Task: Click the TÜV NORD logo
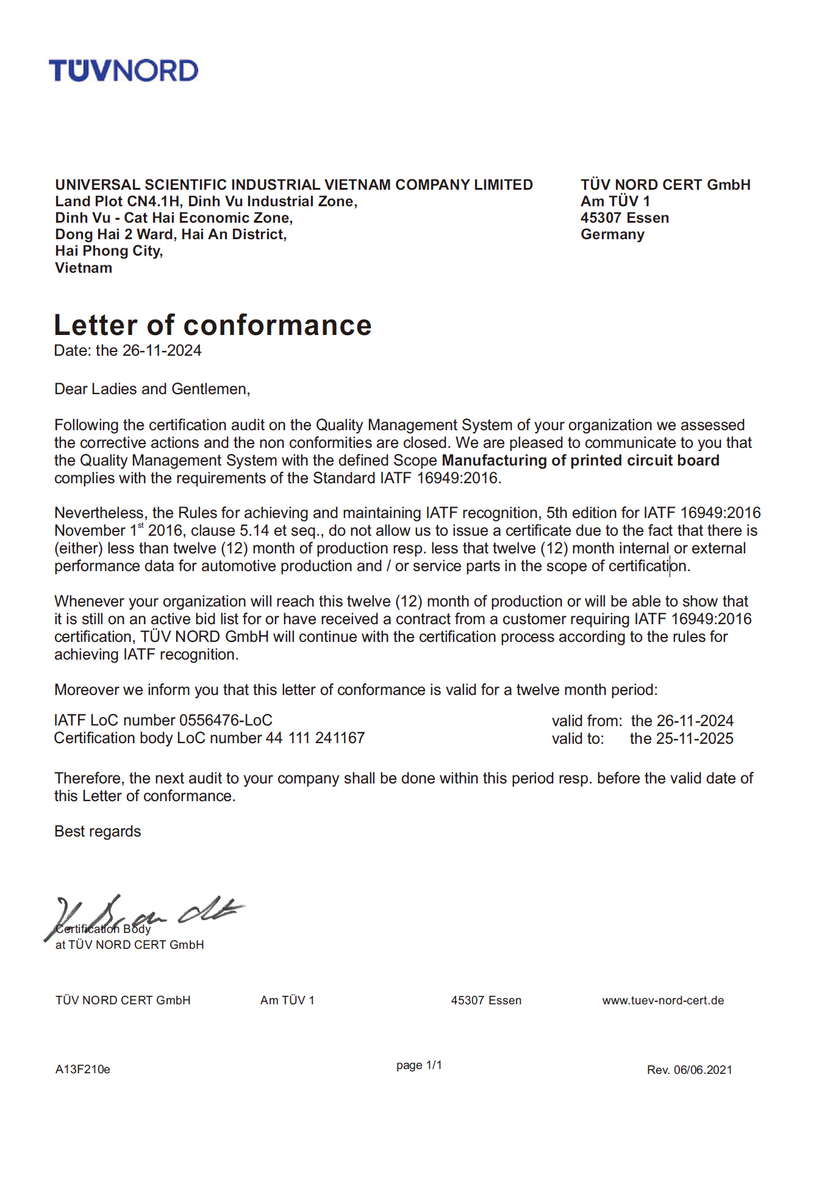(x=124, y=71)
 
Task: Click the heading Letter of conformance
(x=212, y=325)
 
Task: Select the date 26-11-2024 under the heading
(x=162, y=351)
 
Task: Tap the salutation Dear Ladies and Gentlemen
(x=152, y=389)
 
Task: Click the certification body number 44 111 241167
(x=315, y=738)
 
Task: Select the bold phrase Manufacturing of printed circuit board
(x=580, y=461)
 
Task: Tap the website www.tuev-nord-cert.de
(x=663, y=1001)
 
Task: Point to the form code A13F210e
(x=82, y=1070)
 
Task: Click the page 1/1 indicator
(x=419, y=1065)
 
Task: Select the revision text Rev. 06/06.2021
(x=689, y=1070)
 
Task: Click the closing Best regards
(x=98, y=832)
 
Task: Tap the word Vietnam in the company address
(x=84, y=268)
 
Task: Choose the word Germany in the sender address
(x=612, y=235)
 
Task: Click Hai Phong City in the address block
(x=109, y=251)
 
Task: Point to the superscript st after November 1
(x=141, y=525)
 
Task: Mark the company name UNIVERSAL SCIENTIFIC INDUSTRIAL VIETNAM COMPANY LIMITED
(x=294, y=185)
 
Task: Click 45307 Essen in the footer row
(x=486, y=1001)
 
